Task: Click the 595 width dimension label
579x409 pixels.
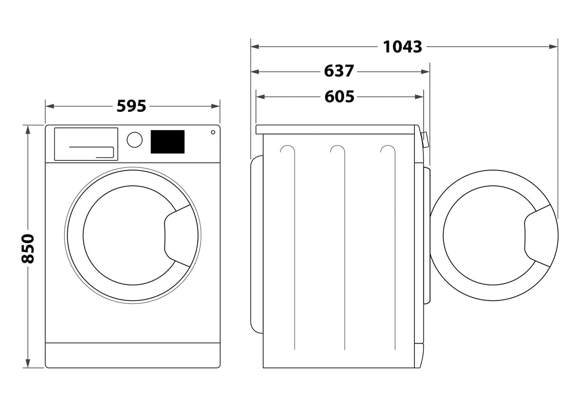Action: [132, 106]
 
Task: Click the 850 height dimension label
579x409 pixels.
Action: [28, 249]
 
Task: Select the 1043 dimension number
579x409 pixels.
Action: [402, 47]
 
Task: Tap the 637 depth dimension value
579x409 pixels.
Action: [339, 71]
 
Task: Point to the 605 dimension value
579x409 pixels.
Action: [339, 97]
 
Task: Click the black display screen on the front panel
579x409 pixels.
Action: [167, 141]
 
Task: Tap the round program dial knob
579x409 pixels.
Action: [134, 139]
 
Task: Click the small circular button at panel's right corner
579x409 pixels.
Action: [213, 132]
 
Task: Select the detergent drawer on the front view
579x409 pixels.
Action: [86, 144]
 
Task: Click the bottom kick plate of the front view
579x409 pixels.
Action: [132, 355]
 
